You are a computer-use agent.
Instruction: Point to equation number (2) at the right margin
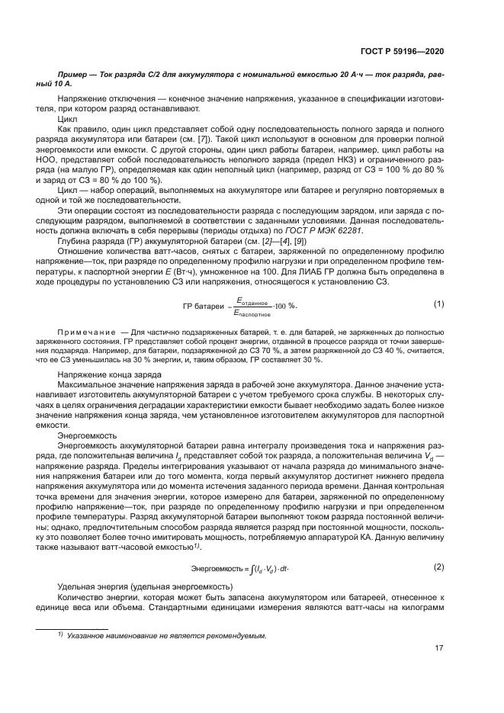point(438,567)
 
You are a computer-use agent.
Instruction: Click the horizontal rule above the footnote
point(72,627)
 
